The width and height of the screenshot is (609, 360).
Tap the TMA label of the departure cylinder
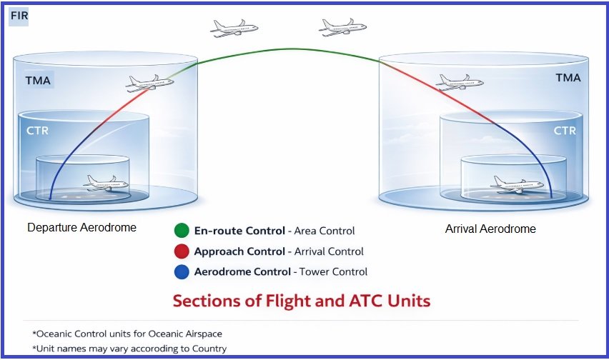coord(37,80)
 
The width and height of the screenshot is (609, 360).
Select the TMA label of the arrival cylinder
coord(569,77)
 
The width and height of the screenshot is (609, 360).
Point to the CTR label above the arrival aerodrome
coord(565,131)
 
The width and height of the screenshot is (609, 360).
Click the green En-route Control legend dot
coord(182,231)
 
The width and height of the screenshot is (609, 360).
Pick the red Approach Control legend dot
coord(182,251)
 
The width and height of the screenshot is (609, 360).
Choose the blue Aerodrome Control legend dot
coord(182,271)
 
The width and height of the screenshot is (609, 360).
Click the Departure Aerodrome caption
coord(81,228)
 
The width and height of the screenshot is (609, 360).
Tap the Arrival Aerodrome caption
coord(490,229)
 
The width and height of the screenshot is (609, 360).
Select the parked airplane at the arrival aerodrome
coord(517,185)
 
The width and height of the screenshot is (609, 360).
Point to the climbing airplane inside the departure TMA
coord(149,83)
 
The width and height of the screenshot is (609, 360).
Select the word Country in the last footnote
coord(209,349)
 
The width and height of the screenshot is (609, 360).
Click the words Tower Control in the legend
coord(334,271)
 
